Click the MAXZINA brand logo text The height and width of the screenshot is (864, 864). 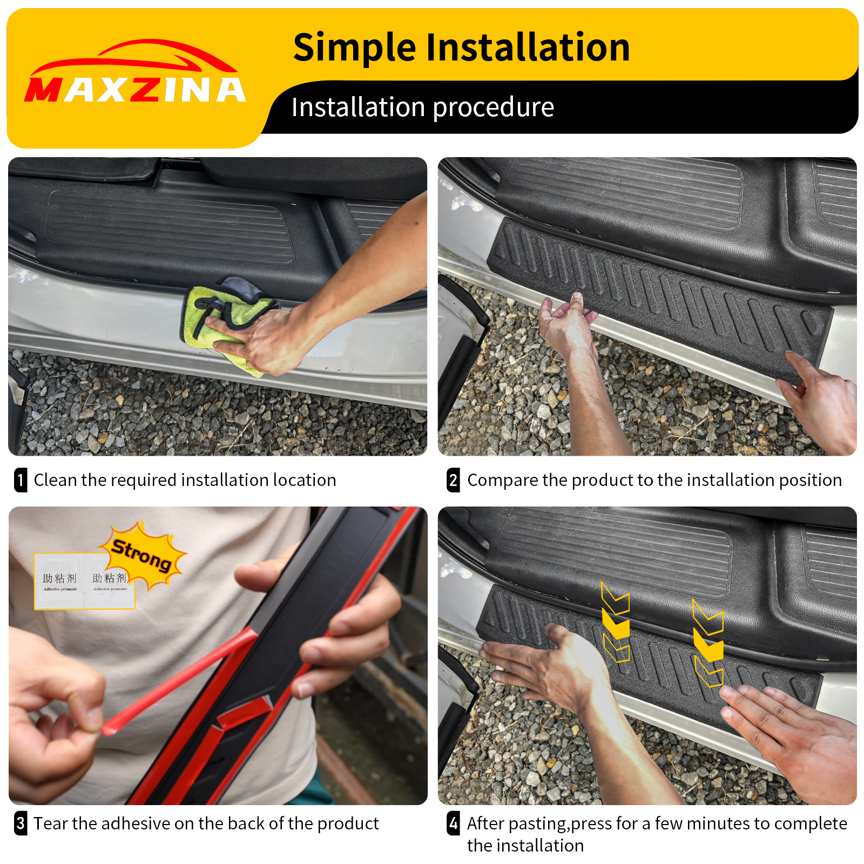coord(135,90)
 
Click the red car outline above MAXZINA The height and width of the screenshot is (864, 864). coord(135,57)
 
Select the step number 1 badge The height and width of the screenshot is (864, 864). coord(21,480)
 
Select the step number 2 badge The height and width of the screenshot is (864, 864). coord(454,480)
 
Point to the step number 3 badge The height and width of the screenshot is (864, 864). coord(21,823)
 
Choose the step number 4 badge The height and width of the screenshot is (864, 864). coord(454,823)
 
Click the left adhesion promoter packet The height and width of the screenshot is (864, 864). coord(59,582)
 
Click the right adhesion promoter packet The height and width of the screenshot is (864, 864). coord(110,582)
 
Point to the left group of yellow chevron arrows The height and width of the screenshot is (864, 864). coord(616,621)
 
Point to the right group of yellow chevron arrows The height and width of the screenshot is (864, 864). coord(708,643)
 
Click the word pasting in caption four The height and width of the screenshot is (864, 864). coord(537,824)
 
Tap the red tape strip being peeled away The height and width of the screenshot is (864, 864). coord(178,680)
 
